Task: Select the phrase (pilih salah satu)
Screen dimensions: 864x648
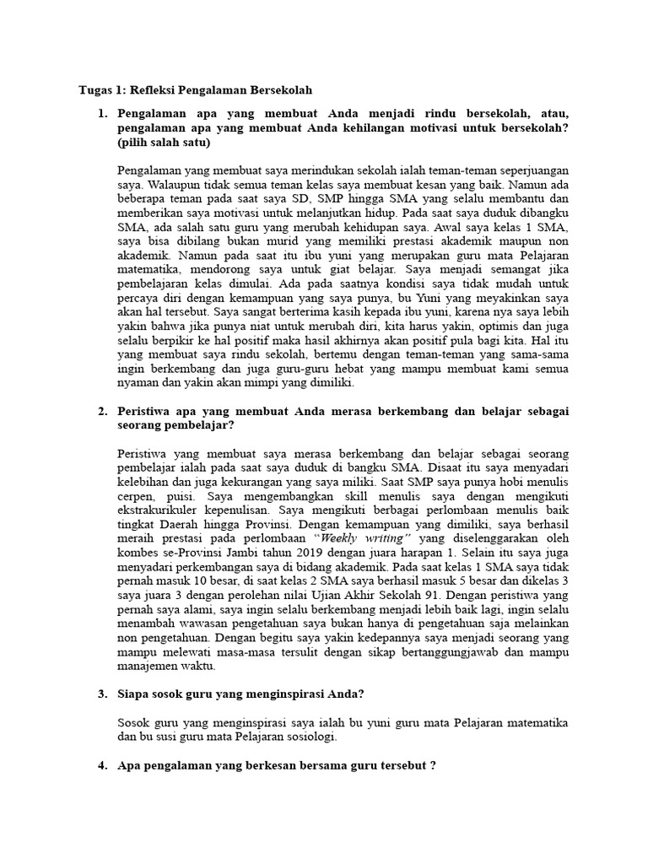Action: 163,143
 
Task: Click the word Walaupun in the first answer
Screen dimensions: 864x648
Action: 165,182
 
